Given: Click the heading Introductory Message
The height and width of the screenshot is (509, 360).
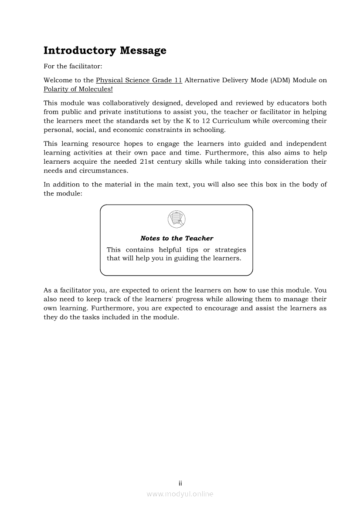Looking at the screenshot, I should click(105, 51).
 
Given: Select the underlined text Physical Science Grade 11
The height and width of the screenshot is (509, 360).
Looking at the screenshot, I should click(139, 80).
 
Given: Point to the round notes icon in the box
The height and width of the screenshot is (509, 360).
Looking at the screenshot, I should click(177, 219).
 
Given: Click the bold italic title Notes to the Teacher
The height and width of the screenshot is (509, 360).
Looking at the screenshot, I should click(177, 238).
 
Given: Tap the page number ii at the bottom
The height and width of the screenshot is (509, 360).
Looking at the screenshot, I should click(180, 483).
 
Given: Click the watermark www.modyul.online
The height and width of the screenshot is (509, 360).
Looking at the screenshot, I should click(180, 494).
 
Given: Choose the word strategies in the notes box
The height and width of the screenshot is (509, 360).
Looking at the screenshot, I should click(230, 250).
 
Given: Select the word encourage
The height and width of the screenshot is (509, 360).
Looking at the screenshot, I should click(220, 308).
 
